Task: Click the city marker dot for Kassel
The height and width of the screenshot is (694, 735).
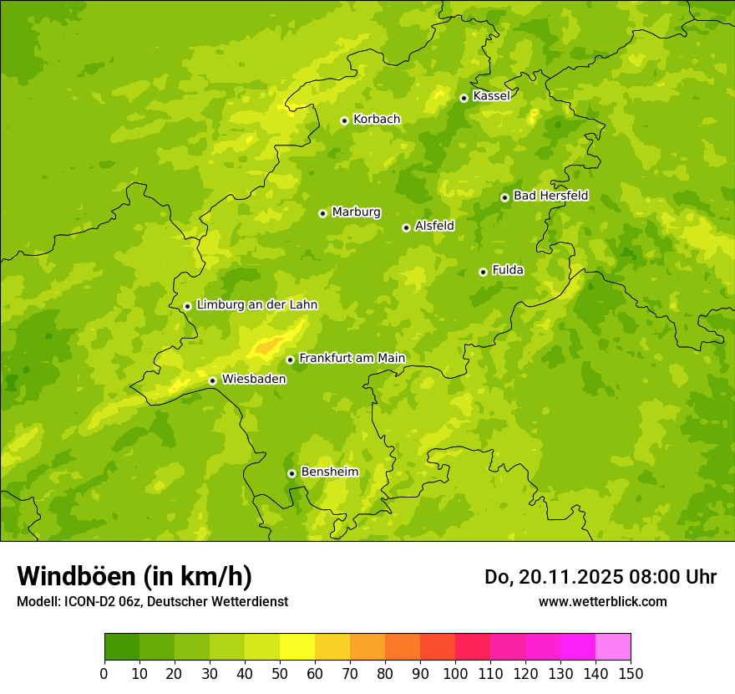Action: point(464,98)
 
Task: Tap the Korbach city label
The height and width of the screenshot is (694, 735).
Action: point(377,120)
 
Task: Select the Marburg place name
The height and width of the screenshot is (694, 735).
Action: point(356,212)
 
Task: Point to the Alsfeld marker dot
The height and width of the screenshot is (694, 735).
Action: point(406,227)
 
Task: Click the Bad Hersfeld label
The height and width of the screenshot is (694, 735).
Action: point(550,196)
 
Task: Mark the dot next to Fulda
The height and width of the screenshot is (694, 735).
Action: point(483,272)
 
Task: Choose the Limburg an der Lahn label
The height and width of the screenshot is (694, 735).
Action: point(256,305)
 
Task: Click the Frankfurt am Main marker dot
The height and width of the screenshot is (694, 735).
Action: point(290,360)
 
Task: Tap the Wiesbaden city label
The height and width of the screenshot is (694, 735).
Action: point(254,379)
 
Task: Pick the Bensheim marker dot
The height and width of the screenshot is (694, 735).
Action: point(291,473)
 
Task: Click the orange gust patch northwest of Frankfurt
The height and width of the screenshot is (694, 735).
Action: point(266,345)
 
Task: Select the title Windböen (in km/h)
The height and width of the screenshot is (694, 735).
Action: point(134,576)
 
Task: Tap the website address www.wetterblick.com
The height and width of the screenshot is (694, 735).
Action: point(602,601)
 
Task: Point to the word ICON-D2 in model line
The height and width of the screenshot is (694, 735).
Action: point(88,601)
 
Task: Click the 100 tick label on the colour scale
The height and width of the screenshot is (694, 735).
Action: point(455,673)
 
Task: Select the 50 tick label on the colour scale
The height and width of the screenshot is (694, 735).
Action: point(280,673)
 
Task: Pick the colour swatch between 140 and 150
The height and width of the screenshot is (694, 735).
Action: point(613,647)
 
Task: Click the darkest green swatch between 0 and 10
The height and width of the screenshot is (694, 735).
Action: point(122,647)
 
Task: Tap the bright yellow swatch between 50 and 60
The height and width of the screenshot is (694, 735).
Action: point(297,647)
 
